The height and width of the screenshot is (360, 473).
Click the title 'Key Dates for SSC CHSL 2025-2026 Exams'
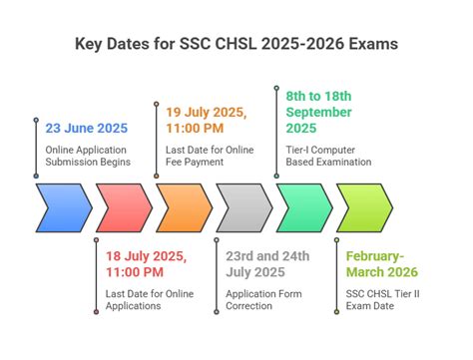click(236, 44)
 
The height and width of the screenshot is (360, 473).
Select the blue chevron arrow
click(64, 207)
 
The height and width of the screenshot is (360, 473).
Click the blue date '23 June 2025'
click(87, 129)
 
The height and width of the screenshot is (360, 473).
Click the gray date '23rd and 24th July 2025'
click(267, 262)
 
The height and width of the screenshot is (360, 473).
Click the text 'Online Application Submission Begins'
click(88, 157)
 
